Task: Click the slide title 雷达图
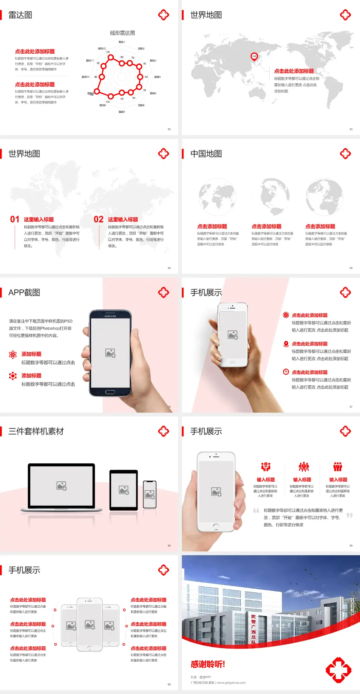point(20,15)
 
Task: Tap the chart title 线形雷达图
point(122,33)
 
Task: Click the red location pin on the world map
point(254,57)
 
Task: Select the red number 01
point(15,219)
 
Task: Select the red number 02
point(99,219)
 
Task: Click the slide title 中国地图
point(206,154)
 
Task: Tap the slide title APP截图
point(24,293)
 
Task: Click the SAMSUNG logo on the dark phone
point(110,316)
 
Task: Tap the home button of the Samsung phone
point(110,392)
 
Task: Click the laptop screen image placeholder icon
point(61,486)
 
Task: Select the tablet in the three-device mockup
point(124,490)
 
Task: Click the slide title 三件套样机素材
point(36,431)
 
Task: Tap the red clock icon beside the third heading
point(286,372)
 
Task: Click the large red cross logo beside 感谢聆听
point(338,670)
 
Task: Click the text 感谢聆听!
point(208,664)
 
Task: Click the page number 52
point(169,129)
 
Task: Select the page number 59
point(351,545)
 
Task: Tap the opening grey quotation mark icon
point(256,511)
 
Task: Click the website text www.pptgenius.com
point(231,683)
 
